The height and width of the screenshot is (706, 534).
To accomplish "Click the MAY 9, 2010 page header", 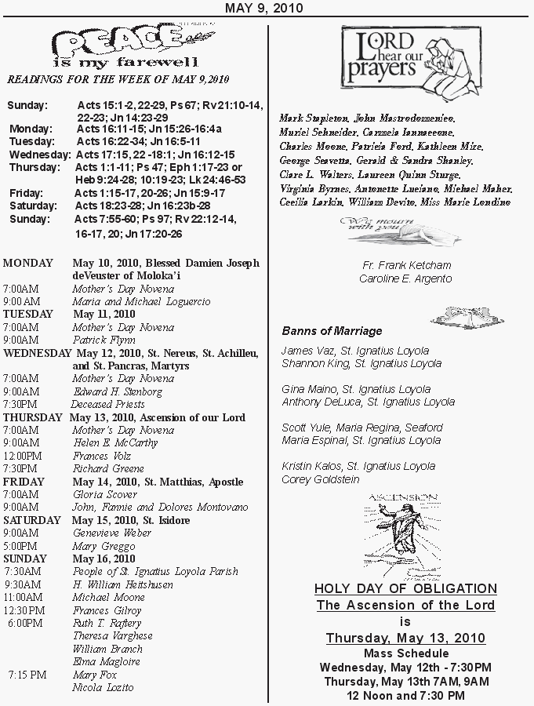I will pyautogui.click(x=264, y=8).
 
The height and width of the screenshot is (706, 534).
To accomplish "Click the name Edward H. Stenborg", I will pyautogui.click(x=118, y=391).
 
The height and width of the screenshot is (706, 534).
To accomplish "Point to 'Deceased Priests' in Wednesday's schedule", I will pyautogui.click(x=107, y=405).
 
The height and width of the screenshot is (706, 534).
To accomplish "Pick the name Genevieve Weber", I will pyautogui.click(x=112, y=533).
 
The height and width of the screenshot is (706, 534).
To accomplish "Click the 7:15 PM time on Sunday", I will pyautogui.click(x=27, y=675).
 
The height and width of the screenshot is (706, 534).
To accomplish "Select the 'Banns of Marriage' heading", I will pyautogui.click(x=332, y=331).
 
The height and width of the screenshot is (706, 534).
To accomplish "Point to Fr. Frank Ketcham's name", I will pyautogui.click(x=405, y=266).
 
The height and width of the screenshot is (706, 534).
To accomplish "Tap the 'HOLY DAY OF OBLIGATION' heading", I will pyautogui.click(x=405, y=588).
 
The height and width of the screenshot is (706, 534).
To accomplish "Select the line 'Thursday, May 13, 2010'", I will pyautogui.click(x=405, y=638).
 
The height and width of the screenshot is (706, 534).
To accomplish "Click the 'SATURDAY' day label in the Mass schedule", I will pyautogui.click(x=31, y=520).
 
